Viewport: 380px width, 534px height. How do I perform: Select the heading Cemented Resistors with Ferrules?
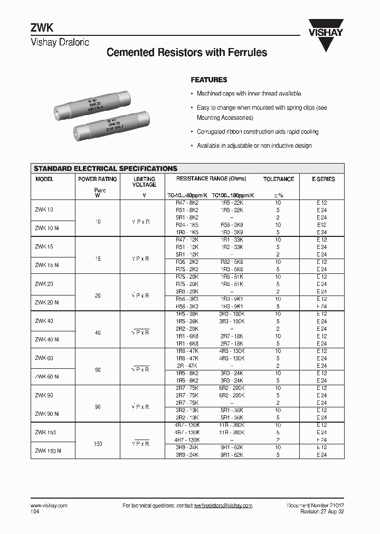coord(187,53)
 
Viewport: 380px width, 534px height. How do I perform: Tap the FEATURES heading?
coord(208,80)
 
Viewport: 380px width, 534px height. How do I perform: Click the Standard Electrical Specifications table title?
coord(106,168)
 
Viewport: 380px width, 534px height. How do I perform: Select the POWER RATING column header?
coord(97,179)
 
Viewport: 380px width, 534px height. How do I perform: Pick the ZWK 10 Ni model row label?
coord(47,228)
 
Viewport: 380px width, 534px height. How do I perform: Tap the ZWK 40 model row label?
coord(44,321)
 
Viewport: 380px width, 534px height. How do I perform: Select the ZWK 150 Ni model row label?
coord(49,451)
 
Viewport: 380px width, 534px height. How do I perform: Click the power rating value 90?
coord(98,407)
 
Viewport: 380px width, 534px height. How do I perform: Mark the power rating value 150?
coord(98,444)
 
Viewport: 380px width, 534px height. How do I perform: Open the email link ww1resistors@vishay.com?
coord(223,506)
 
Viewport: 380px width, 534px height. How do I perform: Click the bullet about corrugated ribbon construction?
coord(257,132)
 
